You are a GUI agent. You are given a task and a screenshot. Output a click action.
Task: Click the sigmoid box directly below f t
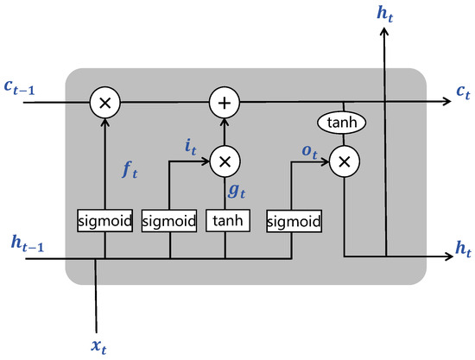pos(105,222)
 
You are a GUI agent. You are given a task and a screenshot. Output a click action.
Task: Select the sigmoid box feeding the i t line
pos(169,222)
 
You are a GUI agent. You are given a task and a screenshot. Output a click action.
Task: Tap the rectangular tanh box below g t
pos(225,222)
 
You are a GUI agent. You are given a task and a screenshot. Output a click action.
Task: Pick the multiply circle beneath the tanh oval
pos(344,161)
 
